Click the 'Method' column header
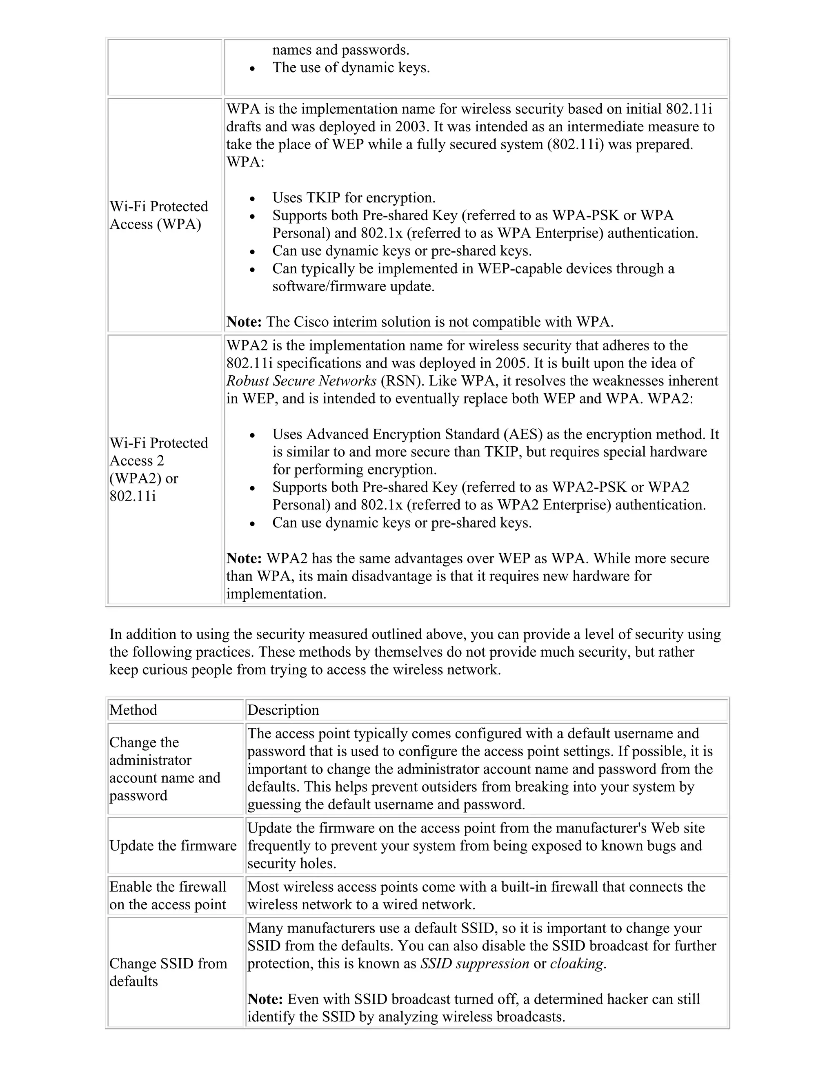click(133, 710)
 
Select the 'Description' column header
click(283, 710)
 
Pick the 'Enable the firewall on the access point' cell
click(168, 895)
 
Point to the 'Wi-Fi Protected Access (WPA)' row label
click(158, 215)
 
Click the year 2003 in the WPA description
click(412, 127)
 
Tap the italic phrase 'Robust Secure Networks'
click(301, 381)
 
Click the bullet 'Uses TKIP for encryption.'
click(354, 198)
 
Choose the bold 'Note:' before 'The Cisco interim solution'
click(244, 322)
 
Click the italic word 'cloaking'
click(576, 964)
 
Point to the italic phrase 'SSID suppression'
click(474, 964)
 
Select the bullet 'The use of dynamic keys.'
click(351, 68)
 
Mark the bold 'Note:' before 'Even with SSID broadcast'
click(265, 999)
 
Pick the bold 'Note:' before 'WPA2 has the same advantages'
click(244, 559)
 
